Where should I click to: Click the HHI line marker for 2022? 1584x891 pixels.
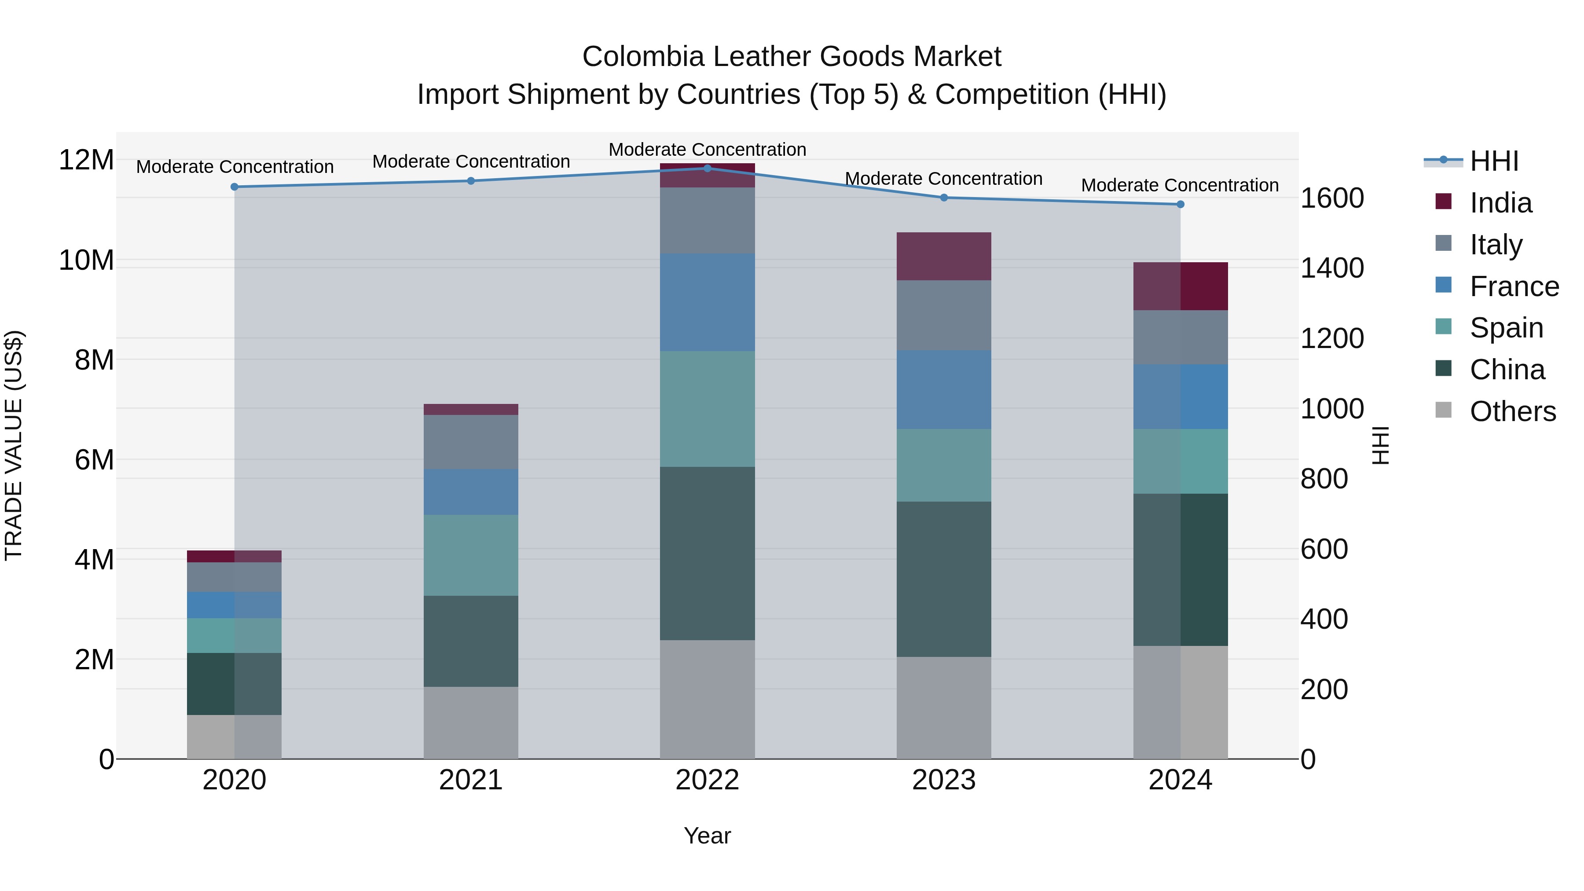coord(707,169)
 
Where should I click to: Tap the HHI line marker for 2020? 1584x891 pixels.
coord(234,187)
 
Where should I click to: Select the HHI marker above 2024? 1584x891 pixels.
coord(1180,204)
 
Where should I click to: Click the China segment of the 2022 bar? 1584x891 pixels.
coord(707,554)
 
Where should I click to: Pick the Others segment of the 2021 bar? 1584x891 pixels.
coord(470,722)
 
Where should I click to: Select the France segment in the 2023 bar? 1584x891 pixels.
coord(943,390)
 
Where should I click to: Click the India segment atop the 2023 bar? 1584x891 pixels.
coord(943,257)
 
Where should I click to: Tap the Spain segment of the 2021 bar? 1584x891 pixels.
coord(470,555)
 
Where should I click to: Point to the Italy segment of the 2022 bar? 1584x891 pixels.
coord(707,220)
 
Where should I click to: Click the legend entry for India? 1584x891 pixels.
coord(1500,203)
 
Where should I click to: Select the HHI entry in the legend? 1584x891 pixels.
coord(1494,161)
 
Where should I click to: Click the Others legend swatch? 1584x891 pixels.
coord(1443,410)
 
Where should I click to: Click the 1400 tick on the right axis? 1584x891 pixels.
coord(1332,268)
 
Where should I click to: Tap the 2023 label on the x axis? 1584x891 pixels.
coord(943,780)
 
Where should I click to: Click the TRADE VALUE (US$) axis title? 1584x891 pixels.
coord(14,445)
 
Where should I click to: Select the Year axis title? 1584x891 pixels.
coord(707,836)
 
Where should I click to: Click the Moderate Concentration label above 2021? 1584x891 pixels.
coord(471,162)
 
